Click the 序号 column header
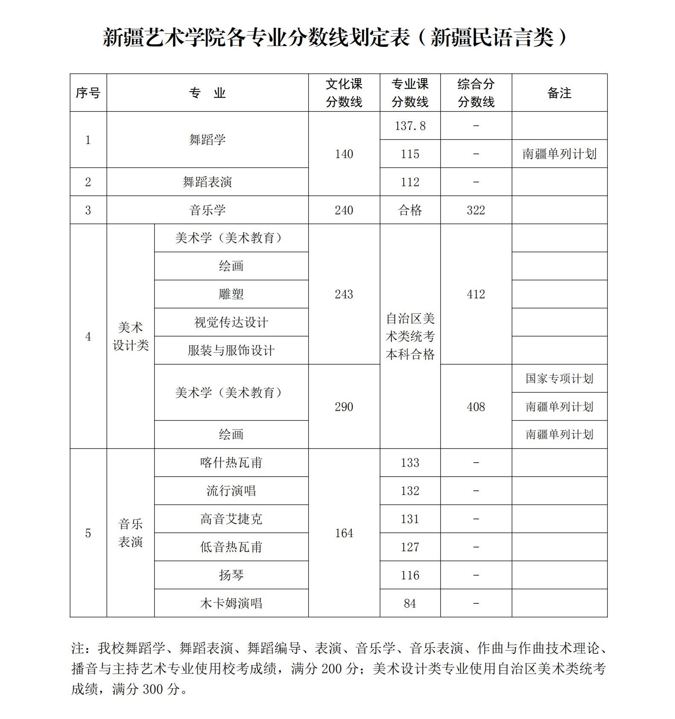(88, 93)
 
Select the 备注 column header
(559, 93)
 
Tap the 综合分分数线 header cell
(476, 93)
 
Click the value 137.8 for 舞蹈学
(410, 126)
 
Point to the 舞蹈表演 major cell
(207, 182)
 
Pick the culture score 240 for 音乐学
(344, 210)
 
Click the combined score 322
(476, 210)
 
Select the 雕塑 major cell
(231, 294)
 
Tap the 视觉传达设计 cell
(231, 322)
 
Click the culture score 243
(344, 294)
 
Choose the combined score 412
(476, 294)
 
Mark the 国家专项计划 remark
(559, 379)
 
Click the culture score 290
(344, 407)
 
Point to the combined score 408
(476, 407)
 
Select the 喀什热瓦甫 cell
(231, 463)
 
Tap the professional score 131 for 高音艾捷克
(410, 519)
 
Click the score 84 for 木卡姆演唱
(410, 603)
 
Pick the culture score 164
(344, 533)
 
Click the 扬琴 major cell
(231, 575)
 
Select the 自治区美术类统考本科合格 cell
(410, 336)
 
